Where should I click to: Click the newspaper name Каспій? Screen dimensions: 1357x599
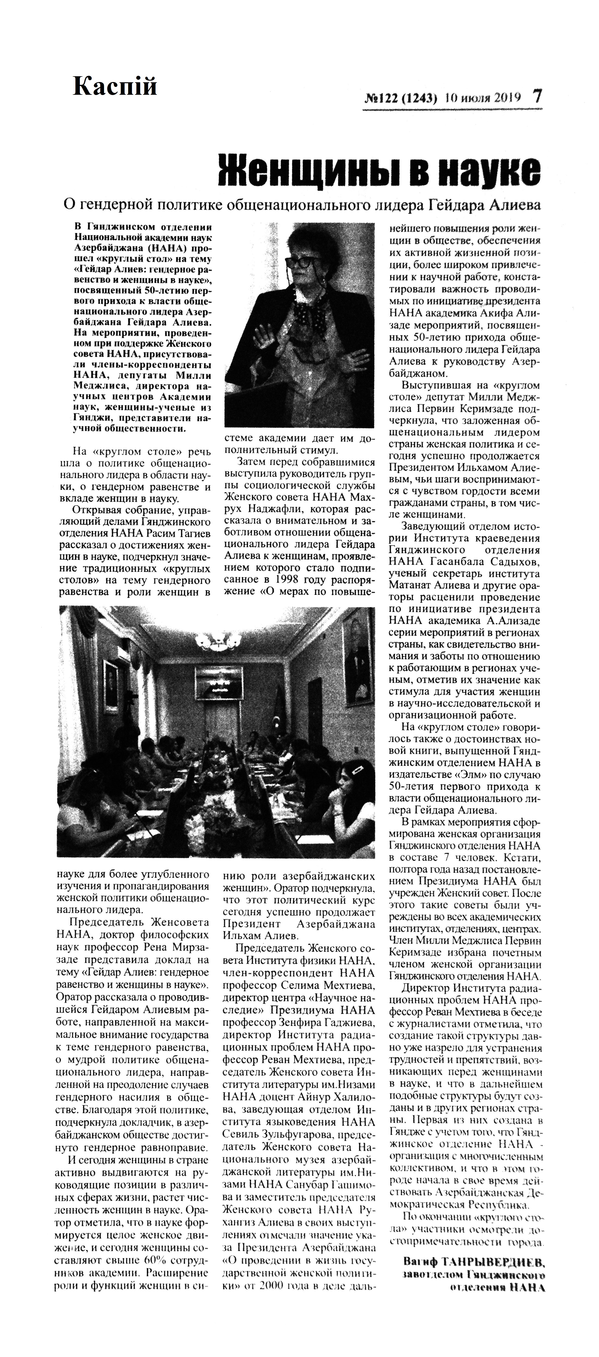click(115, 86)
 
